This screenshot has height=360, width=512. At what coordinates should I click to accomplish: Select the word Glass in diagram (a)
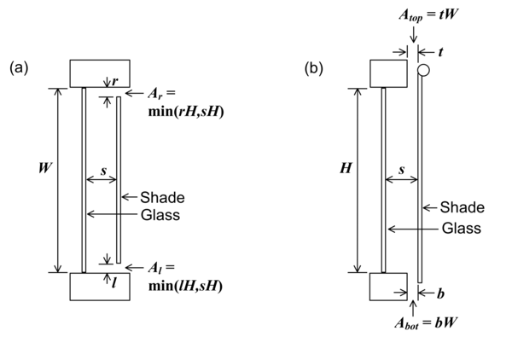pyautogui.click(x=159, y=214)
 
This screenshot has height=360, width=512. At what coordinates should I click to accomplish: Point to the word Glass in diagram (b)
pyautogui.click(x=461, y=228)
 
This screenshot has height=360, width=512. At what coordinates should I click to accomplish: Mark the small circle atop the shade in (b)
pyautogui.click(x=421, y=70)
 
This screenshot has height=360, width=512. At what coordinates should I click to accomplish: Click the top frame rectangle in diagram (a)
pyautogui.click(x=100, y=73)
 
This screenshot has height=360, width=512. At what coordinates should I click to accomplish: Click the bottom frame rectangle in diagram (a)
pyautogui.click(x=100, y=287)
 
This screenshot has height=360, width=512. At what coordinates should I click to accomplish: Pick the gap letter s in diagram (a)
pyautogui.click(x=102, y=171)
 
